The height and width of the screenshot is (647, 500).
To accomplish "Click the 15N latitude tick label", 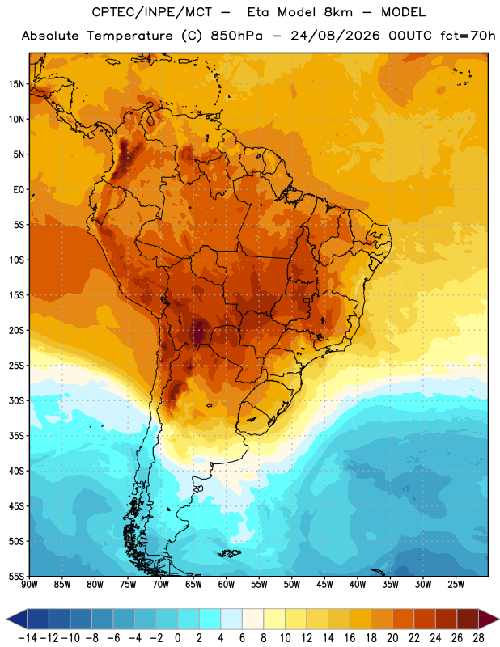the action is tap(16, 84).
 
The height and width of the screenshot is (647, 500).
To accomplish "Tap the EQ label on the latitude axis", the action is tap(19, 190).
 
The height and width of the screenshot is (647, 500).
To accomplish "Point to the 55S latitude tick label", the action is tap(16, 576).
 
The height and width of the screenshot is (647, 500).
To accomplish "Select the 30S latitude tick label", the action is tap(16, 400).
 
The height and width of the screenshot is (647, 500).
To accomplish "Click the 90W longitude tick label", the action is tap(29, 585).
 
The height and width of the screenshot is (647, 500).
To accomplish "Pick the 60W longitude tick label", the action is tap(227, 585).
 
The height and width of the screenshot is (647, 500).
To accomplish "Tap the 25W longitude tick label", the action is tap(456, 585).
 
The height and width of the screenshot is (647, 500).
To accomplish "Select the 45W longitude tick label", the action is tap(324, 585).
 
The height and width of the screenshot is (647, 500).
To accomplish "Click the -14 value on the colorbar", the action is tap(28, 638).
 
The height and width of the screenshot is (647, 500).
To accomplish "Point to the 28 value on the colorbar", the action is tap(478, 638).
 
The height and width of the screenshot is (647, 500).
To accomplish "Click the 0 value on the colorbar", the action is tap(178, 638).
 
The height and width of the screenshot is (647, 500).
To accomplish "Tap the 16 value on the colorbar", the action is tap(350, 638).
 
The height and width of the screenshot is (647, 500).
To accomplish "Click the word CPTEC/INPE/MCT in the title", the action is tap(152, 12).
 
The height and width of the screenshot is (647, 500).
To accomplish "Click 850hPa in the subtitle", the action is tap(236, 36).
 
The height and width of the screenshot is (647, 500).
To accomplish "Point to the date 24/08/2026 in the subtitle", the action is tap(335, 36).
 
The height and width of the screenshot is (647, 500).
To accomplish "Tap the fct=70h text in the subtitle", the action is tap(468, 36).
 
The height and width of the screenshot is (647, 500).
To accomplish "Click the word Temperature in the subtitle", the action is tap(129, 36).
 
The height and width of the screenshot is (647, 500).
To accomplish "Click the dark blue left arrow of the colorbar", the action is tap(17, 619).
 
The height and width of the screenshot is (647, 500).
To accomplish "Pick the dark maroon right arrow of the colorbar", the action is tap(489, 619).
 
